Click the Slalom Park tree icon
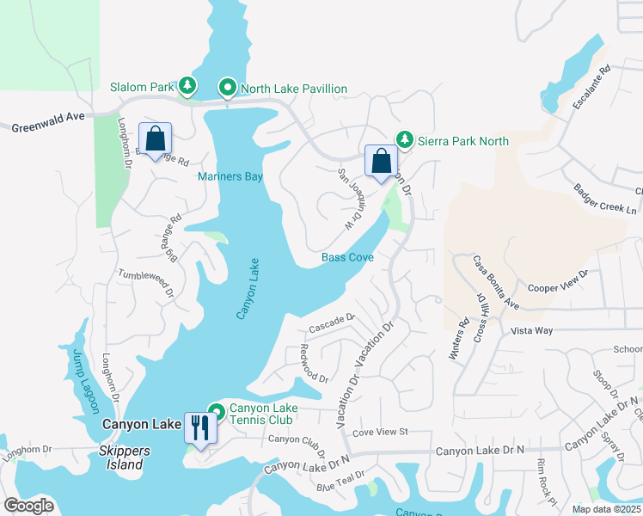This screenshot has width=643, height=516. click(187, 86)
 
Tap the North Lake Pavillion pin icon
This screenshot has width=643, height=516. click(228, 88)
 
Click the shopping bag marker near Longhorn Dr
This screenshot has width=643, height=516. click(155, 138)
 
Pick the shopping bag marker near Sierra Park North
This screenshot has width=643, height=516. click(381, 161)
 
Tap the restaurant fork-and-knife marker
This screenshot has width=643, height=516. click(200, 427)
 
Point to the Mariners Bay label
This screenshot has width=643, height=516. click(230, 176)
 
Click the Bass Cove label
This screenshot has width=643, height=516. click(347, 257)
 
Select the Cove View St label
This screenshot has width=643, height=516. click(379, 431)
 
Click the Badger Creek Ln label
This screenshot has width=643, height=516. click(608, 199)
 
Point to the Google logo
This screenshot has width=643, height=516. click(28, 506)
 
